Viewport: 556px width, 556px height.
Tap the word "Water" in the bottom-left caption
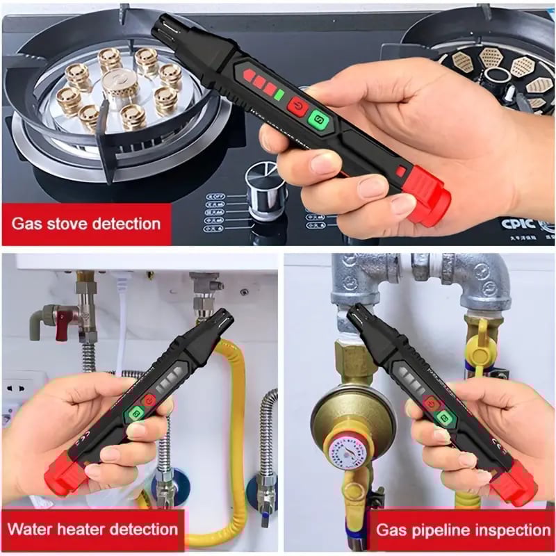pos(35,529)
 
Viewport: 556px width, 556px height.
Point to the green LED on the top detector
pos(279,94)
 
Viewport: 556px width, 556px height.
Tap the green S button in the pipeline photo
pos(445,417)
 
